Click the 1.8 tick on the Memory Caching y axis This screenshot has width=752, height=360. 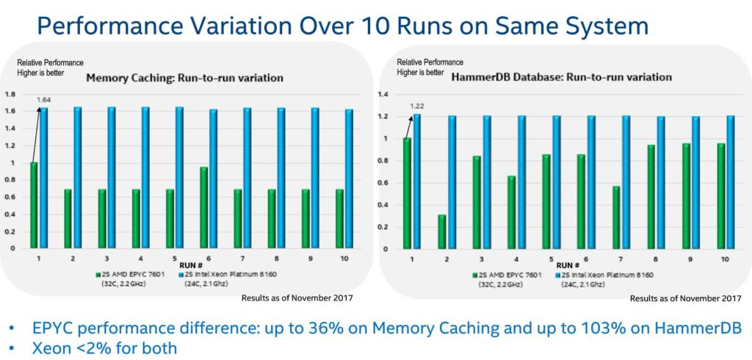click(10, 95)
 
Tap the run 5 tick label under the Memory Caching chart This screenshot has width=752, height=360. click(175, 258)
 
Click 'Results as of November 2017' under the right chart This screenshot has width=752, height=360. click(684, 298)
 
